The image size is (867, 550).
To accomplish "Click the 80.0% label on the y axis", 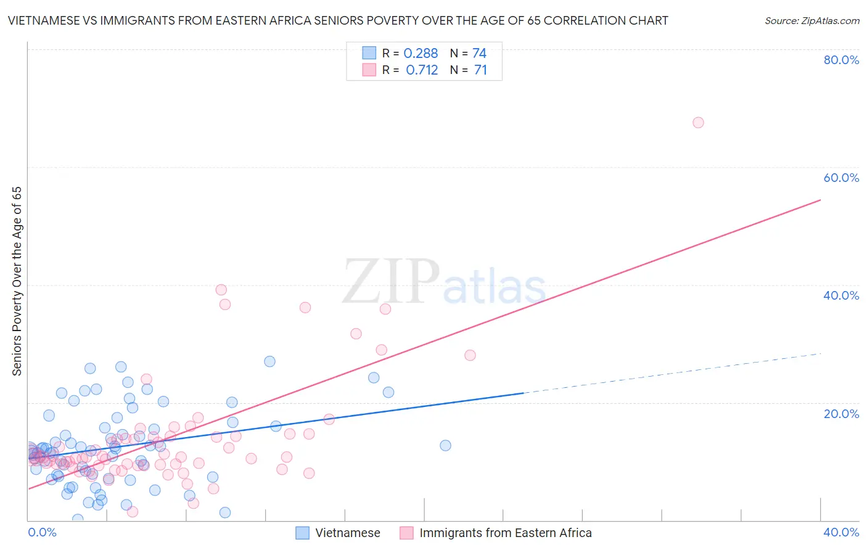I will click(841, 60).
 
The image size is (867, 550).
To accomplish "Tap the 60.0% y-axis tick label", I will click(841, 178).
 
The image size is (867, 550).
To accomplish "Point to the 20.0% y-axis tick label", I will click(841, 414).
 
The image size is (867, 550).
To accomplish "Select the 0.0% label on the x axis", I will click(42, 532).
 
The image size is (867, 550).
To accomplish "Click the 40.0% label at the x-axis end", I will click(841, 532).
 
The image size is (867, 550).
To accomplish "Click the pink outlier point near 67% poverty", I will click(698, 123).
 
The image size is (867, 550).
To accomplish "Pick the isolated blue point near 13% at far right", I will click(445, 445).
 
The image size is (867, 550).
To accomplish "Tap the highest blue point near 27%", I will click(269, 361).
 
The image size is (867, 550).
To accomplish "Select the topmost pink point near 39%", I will click(221, 290).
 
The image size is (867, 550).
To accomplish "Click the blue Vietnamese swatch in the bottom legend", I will click(302, 533).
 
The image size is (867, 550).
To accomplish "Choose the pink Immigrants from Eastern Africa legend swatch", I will click(406, 533).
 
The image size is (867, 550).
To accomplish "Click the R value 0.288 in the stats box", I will click(421, 54).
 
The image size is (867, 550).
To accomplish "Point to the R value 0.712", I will click(422, 70).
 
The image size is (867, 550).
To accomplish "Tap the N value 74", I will click(479, 54).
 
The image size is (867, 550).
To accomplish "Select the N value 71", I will click(480, 70).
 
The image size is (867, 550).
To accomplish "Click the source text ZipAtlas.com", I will click(812, 21).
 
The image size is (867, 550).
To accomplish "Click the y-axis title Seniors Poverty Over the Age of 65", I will click(17, 281).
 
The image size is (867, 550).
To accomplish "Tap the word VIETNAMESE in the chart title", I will click(43, 21).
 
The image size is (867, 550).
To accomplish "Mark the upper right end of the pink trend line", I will click(820, 200).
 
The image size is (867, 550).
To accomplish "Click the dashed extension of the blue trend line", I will click(672, 372).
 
